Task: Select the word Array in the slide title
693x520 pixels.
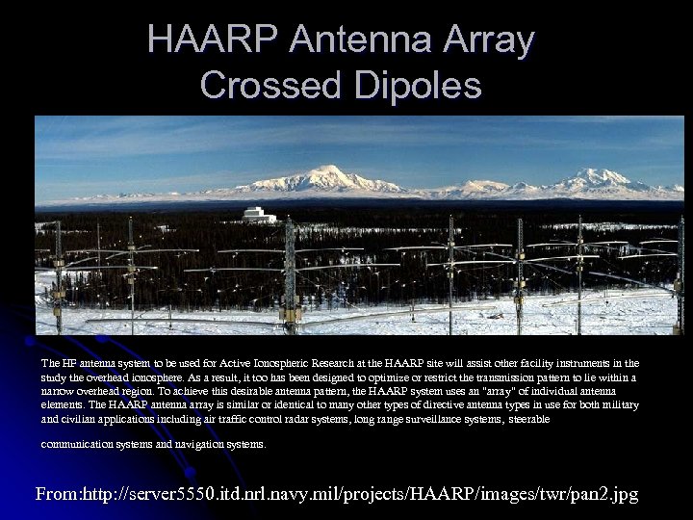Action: point(492,39)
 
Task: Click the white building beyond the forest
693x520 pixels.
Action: point(255,214)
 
